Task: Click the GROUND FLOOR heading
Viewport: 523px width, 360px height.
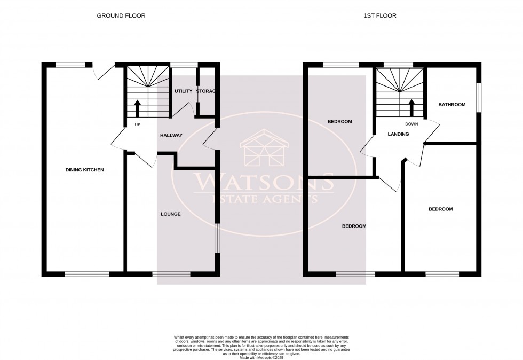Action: point(121,16)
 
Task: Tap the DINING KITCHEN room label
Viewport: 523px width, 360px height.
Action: point(84,170)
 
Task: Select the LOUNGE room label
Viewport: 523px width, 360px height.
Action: point(171,214)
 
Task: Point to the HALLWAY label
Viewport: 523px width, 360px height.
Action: point(171,135)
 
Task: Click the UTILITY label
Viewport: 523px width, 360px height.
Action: point(183,91)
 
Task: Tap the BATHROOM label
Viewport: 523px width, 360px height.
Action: point(452,105)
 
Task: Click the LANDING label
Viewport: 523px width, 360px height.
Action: point(398,134)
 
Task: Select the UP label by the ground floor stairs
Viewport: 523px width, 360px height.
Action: point(137,124)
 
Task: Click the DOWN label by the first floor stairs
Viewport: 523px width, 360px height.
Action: point(411,124)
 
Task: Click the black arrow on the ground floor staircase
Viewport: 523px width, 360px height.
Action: point(137,108)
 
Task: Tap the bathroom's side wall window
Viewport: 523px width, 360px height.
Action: point(479,97)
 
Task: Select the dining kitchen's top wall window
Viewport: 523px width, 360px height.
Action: point(70,65)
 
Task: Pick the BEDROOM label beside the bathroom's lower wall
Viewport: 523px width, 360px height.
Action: point(441,209)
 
